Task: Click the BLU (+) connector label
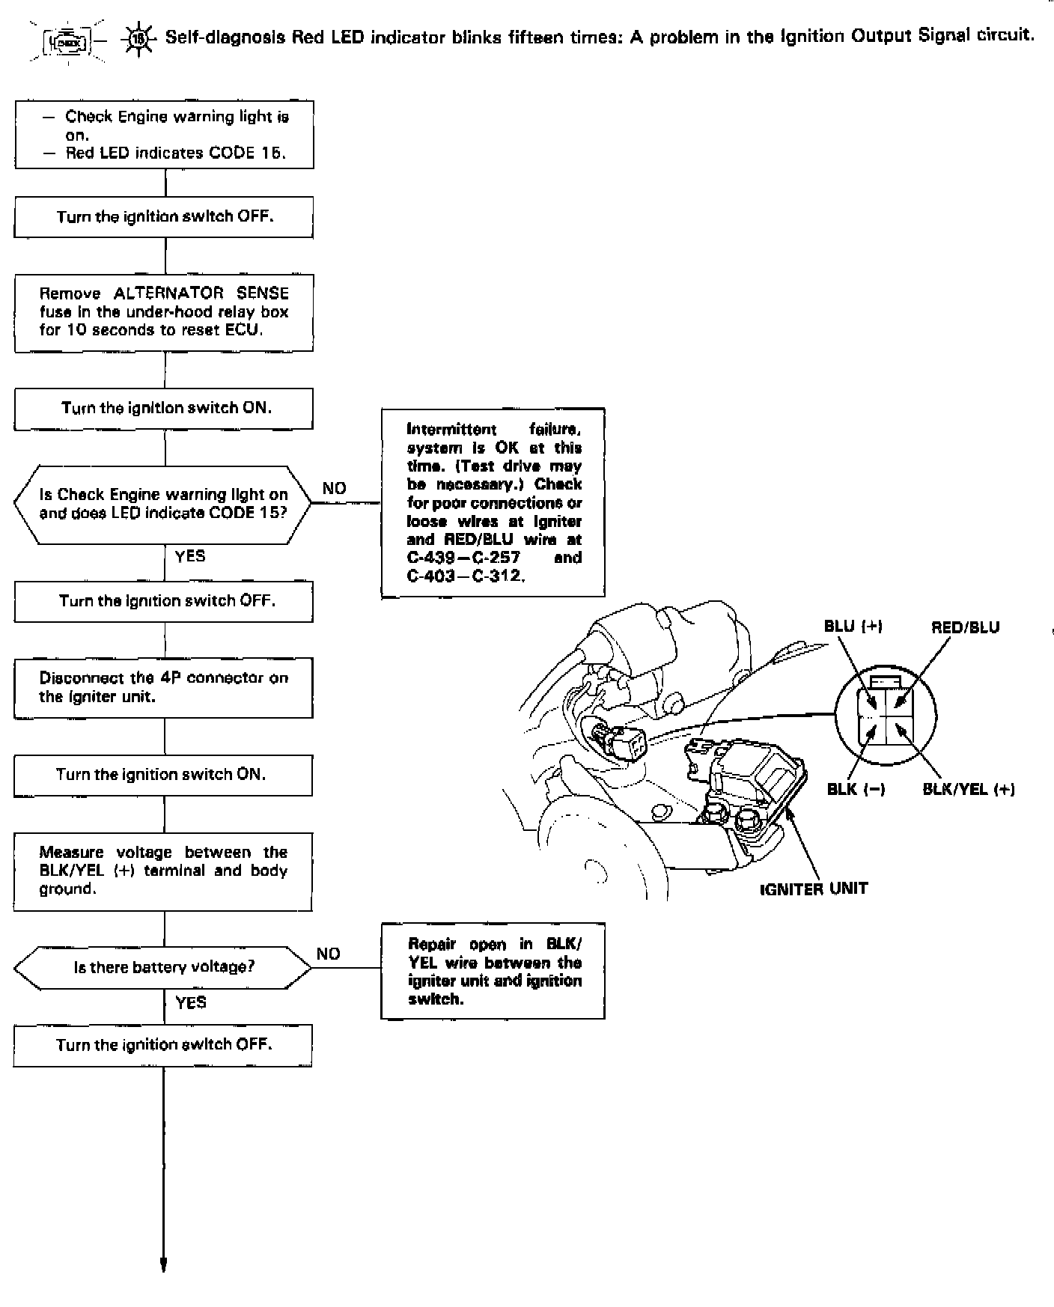[x=853, y=627]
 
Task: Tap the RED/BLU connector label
[x=965, y=627]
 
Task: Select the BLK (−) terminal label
[x=856, y=789]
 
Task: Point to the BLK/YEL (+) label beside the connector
[x=969, y=789]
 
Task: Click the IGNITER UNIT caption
[x=814, y=889]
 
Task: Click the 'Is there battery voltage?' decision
[x=163, y=967]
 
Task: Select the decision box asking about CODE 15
[x=163, y=504]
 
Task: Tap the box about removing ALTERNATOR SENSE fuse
[x=164, y=312]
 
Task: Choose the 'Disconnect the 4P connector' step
[x=164, y=687]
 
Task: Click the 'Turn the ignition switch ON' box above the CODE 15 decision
[x=164, y=408]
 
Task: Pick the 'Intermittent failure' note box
[x=493, y=502]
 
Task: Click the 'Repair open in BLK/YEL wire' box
[x=493, y=971]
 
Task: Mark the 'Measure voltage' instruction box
[x=163, y=871]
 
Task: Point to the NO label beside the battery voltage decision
[x=329, y=954]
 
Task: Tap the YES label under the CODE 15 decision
[x=189, y=556]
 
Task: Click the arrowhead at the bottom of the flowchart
[x=163, y=1264]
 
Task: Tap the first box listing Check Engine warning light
[x=164, y=135]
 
